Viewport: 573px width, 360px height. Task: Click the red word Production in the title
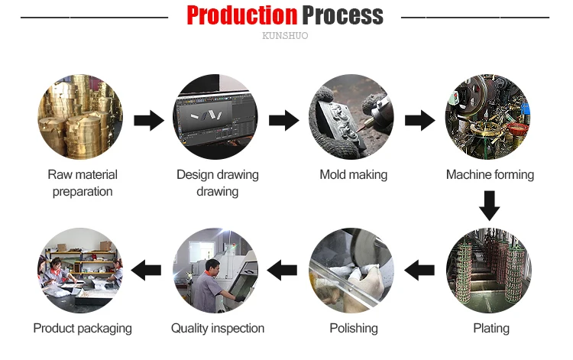click(x=241, y=15)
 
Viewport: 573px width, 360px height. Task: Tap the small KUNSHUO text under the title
click(x=285, y=36)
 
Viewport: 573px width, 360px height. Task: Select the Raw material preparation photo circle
click(x=81, y=117)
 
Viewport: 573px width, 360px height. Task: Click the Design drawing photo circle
click(x=217, y=117)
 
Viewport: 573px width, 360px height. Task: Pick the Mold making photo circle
click(x=353, y=117)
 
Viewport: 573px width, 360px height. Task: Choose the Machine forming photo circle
click(x=489, y=117)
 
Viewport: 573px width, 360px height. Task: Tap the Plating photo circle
click(x=489, y=270)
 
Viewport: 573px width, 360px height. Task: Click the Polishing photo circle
click(x=353, y=270)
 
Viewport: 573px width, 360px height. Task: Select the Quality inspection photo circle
click(x=217, y=270)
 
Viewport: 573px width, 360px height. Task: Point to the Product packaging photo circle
click(x=81, y=270)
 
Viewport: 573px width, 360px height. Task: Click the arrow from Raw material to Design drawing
click(x=149, y=120)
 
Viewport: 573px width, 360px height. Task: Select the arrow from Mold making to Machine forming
click(x=420, y=120)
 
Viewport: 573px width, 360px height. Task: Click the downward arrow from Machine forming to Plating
click(x=489, y=205)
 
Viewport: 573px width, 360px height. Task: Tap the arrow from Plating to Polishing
click(x=419, y=268)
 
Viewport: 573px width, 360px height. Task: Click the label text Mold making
click(x=353, y=175)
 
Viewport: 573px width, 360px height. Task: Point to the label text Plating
click(x=490, y=329)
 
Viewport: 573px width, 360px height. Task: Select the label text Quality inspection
click(x=218, y=329)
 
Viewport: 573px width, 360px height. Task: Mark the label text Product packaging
click(x=83, y=329)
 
